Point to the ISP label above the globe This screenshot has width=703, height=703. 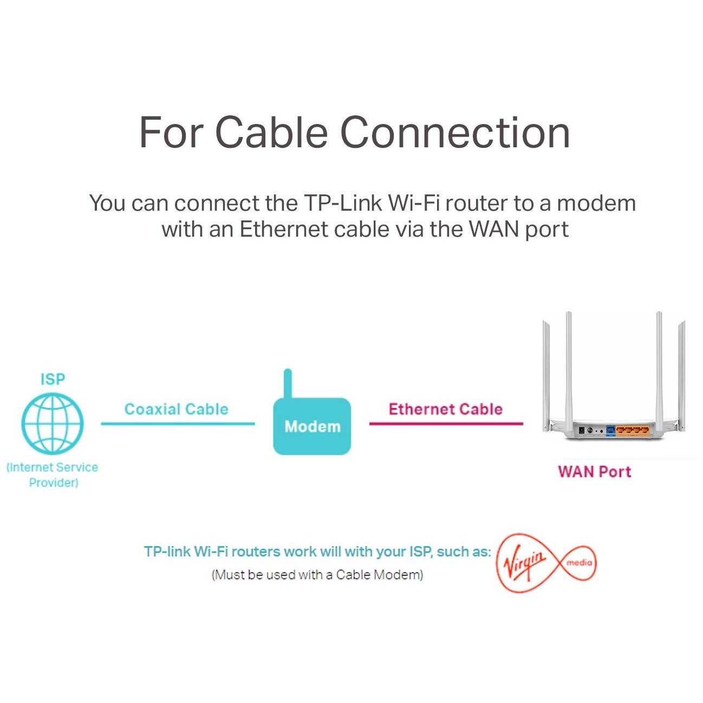click(53, 379)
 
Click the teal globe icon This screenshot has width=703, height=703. click(53, 424)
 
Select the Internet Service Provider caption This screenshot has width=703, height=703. click(53, 474)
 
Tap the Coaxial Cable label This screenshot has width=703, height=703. click(176, 409)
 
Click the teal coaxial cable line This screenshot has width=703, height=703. click(178, 424)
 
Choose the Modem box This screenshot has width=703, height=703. click(312, 427)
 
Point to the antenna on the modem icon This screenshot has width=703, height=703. click(288, 383)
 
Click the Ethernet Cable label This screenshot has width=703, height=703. click(445, 409)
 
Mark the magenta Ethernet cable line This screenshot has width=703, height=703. click(446, 424)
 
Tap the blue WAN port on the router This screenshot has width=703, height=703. click(610, 431)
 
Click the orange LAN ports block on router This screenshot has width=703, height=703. click(633, 431)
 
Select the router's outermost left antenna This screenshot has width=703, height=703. click(546, 374)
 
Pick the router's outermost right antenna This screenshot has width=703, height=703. click(681, 374)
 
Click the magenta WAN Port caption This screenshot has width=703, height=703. click(594, 471)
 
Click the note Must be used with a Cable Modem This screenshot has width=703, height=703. click(317, 575)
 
